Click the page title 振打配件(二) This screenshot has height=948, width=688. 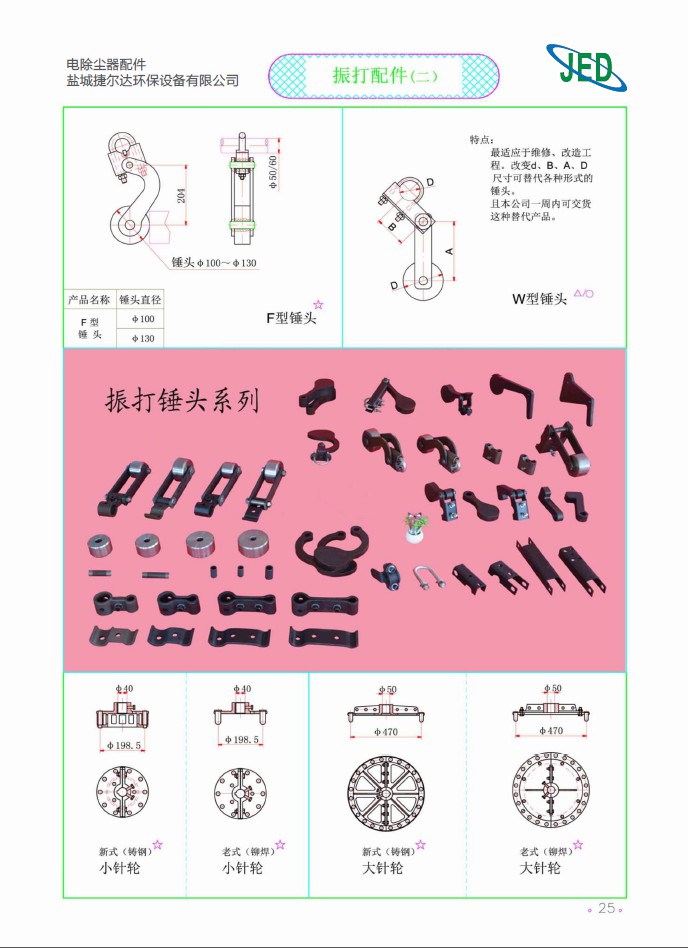[385, 75]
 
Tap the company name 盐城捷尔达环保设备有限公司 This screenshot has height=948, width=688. [152, 80]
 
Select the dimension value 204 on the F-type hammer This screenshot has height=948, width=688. [181, 196]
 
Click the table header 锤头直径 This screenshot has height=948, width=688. [140, 299]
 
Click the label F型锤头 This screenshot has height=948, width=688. [290, 318]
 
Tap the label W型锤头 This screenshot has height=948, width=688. [539, 298]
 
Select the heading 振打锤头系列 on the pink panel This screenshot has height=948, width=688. [183, 401]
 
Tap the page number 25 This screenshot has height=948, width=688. [606, 908]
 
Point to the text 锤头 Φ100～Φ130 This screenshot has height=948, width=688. [214, 263]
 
